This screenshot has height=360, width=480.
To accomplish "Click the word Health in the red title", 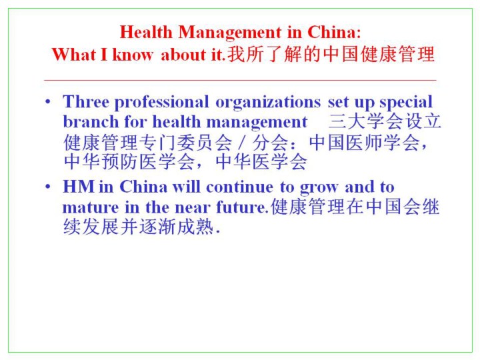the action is click(x=146, y=32).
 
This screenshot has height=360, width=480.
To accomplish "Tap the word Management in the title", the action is click(x=230, y=33).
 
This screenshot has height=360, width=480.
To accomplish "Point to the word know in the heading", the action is click(x=132, y=55).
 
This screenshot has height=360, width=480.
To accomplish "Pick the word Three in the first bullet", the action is click(x=86, y=101).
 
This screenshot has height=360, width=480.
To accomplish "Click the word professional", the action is click(x=161, y=103).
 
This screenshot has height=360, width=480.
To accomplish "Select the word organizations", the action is click(x=268, y=103).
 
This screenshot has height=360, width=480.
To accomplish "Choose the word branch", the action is click(x=91, y=122).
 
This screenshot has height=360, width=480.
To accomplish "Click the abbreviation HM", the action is click(x=79, y=187).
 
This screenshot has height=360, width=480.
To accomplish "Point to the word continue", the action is click(x=240, y=187).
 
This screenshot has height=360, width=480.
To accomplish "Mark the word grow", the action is click(x=319, y=188).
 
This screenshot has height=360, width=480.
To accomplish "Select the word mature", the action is click(x=91, y=207).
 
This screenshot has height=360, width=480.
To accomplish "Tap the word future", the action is click(x=242, y=207).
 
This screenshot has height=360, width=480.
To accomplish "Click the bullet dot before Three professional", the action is click(x=48, y=101).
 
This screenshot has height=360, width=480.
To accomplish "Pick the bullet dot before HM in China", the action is click(x=48, y=187).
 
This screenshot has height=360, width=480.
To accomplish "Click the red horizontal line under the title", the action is click(x=240, y=80).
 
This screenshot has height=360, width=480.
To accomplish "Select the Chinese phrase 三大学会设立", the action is click(x=385, y=121).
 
